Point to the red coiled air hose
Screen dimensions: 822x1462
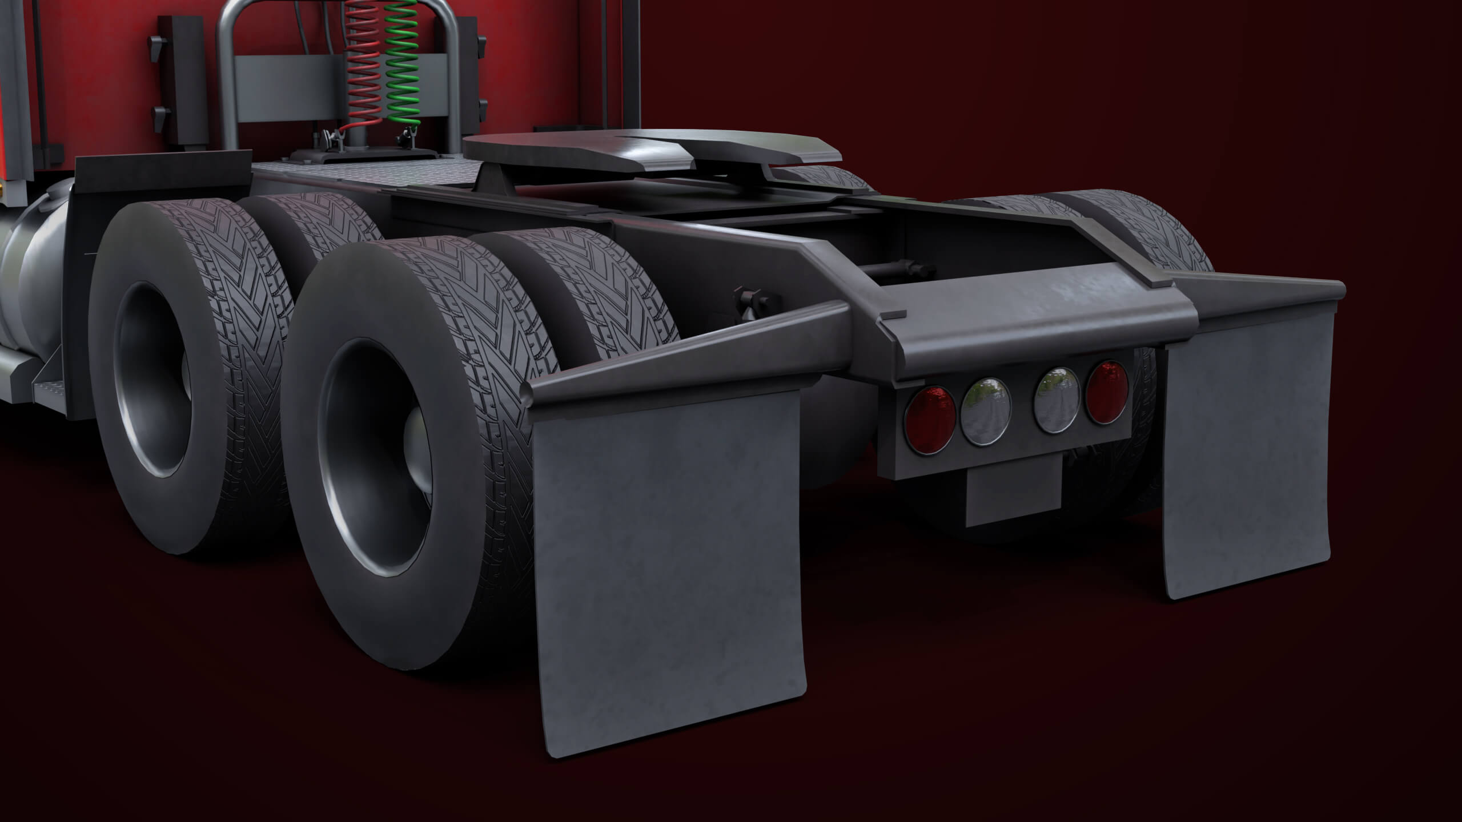click(363, 63)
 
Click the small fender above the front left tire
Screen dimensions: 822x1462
click(163, 171)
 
